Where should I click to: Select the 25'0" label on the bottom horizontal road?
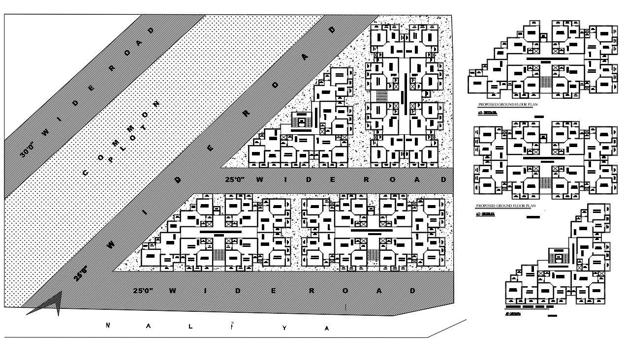click(143, 290)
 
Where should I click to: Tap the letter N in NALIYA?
click(108, 325)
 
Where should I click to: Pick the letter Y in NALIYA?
click(284, 328)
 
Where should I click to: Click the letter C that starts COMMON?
click(85, 173)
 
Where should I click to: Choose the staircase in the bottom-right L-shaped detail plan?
click(559, 257)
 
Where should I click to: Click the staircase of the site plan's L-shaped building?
click(299, 120)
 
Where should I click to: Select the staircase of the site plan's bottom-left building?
click(219, 255)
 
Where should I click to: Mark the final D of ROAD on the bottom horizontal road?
click(412, 291)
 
